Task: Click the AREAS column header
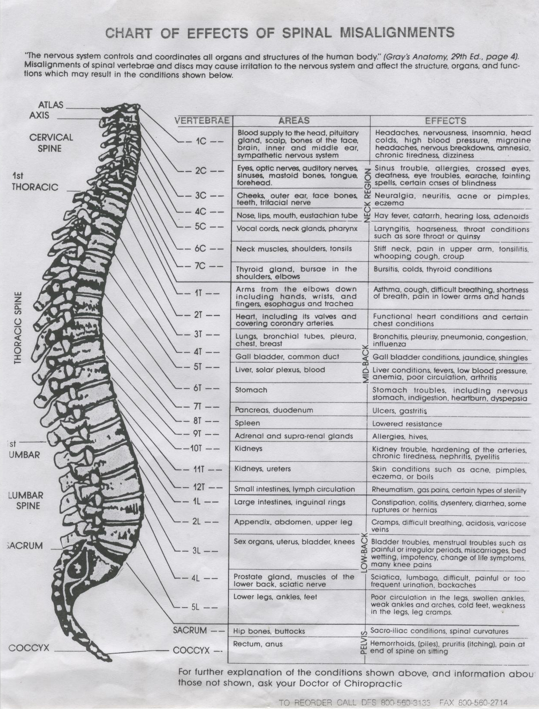pos(294,121)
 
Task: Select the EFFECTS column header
pos(445,121)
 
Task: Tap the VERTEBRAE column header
pos(202,121)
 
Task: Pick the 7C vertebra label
pos(200,265)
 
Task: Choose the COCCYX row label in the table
pos(191,650)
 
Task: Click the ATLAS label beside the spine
pos(51,105)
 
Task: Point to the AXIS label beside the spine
pos(39,115)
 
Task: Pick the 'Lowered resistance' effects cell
pos(407,424)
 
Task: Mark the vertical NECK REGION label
pos(368,195)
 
